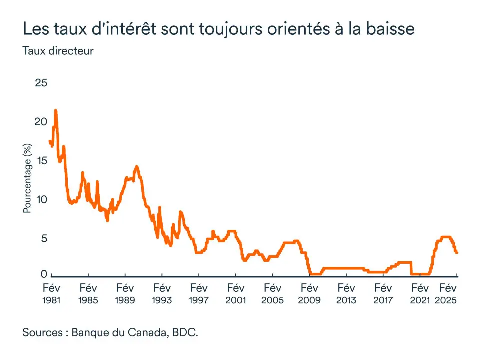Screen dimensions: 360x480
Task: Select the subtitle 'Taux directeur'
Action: pos(58,51)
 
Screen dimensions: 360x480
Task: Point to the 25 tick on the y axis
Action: pos(41,83)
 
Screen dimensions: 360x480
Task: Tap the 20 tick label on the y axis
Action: pos(41,122)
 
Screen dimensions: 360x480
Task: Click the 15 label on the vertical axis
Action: pos(41,161)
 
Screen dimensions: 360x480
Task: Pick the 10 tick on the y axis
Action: pos(41,200)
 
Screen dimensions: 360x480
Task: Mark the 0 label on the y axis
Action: pos(44,274)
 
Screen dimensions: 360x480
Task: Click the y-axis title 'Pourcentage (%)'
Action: pos(27,178)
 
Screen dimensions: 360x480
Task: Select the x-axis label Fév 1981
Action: pos(51,294)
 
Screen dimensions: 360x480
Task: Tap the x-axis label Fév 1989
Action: pos(125,294)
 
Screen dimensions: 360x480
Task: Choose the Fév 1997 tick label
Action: pos(199,294)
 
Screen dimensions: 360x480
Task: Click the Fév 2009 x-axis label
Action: pos(309,294)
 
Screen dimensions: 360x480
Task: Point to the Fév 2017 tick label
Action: pos(383,294)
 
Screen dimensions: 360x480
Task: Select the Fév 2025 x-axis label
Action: pos(448,294)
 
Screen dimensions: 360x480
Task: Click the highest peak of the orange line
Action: pos(55,110)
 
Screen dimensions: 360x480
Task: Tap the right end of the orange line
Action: pos(457,253)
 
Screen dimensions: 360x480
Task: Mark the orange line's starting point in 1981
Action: pos(50,141)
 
